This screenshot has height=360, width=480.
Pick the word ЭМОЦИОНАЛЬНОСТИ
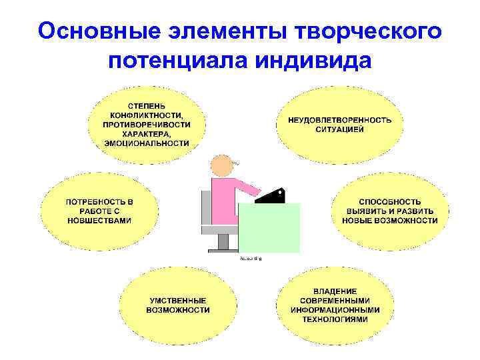click(x=147, y=143)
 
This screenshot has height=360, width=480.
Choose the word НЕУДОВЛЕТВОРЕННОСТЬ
click(x=339, y=119)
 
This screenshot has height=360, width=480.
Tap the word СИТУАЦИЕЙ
click(x=339, y=129)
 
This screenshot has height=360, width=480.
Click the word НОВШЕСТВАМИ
click(x=99, y=220)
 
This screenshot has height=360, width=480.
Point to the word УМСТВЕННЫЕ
click(x=177, y=300)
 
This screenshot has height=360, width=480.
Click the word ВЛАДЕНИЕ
click(x=335, y=291)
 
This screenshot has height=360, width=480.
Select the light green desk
click(x=269, y=227)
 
